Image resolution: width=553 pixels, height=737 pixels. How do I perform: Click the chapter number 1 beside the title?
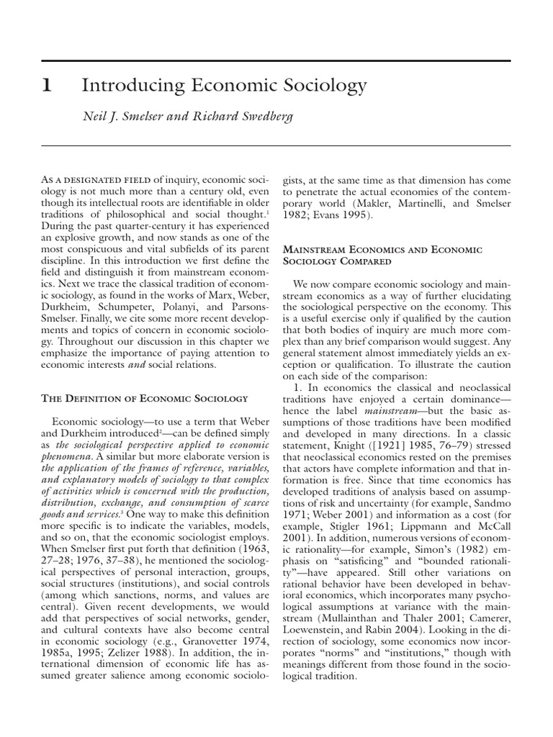46,86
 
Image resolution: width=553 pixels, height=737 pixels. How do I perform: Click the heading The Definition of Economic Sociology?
144,397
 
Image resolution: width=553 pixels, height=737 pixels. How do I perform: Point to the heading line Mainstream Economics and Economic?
382,248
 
